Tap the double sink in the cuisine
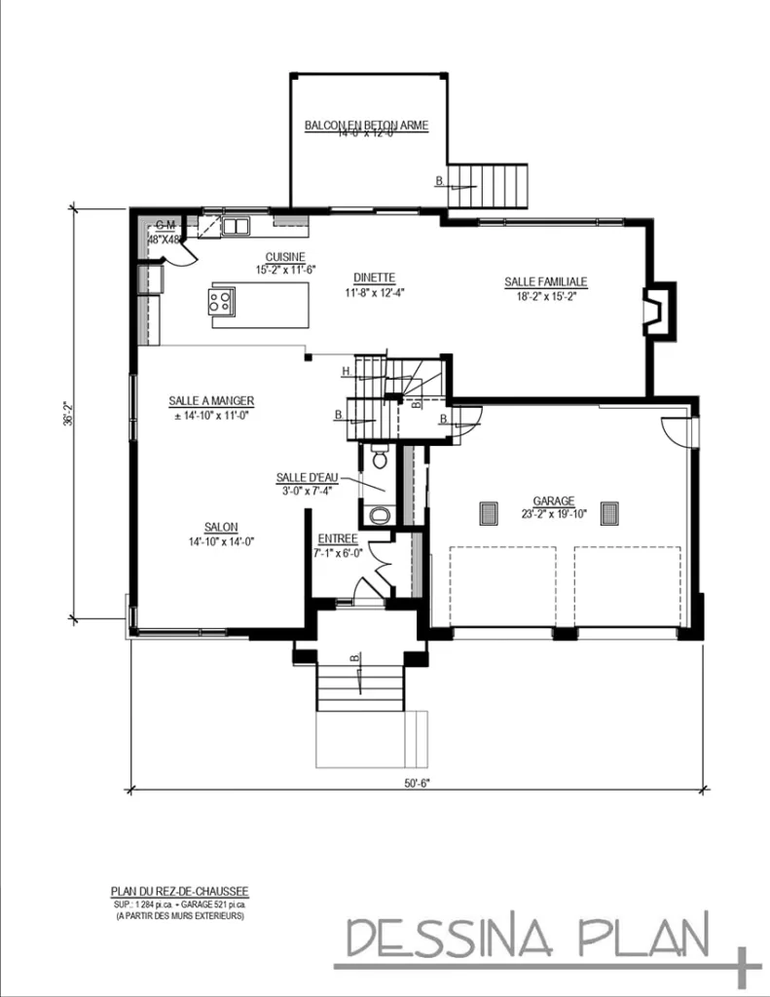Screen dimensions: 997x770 click(236, 228)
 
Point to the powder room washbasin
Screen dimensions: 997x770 click(379, 514)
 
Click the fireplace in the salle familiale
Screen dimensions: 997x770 click(659, 309)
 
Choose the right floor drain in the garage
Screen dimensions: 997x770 click(610, 513)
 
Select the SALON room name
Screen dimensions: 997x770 click(221, 527)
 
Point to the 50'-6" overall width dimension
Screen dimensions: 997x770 click(418, 779)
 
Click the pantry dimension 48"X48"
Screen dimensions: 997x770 click(164, 239)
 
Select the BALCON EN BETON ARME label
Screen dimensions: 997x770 click(366, 126)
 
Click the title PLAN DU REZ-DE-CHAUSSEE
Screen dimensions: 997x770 click(180, 891)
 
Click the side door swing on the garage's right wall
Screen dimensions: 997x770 click(675, 431)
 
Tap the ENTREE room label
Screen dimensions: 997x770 click(338, 538)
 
